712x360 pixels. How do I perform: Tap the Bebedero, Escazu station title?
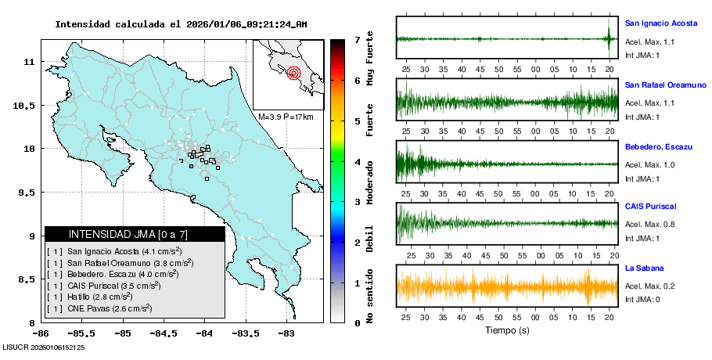(x=656, y=146)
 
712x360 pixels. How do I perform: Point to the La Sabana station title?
(x=644, y=268)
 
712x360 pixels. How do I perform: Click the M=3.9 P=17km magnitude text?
(x=286, y=117)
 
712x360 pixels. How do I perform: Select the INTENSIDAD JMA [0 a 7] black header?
(x=135, y=234)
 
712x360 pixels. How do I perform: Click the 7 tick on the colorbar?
(x=357, y=39)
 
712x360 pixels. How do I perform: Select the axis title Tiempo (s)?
(x=507, y=331)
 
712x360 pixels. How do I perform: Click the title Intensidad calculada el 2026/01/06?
(x=181, y=23)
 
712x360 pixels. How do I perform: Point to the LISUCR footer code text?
(x=44, y=346)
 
